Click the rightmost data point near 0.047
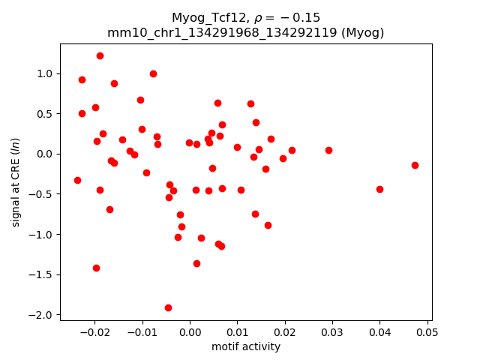point(415,165)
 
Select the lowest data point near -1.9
point(168,307)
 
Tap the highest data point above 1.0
point(100,55)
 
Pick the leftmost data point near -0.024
point(77,180)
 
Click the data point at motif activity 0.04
point(379,189)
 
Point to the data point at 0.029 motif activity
point(328,150)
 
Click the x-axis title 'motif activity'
point(246,346)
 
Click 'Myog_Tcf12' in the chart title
point(203,17)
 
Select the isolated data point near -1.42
point(96,268)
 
